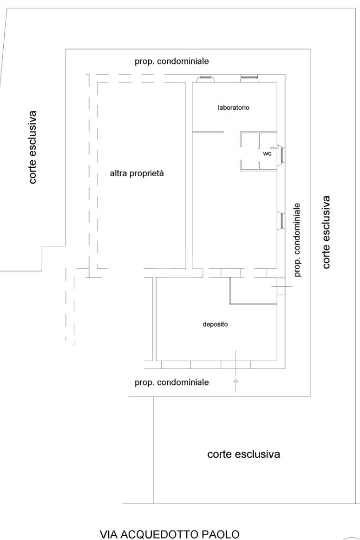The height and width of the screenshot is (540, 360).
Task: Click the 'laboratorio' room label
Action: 233,108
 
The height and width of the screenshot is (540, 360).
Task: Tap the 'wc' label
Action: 267,153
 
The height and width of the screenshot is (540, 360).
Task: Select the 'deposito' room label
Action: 215,324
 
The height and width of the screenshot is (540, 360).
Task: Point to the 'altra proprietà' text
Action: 137,173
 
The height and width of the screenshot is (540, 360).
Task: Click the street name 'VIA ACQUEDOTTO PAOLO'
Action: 169,534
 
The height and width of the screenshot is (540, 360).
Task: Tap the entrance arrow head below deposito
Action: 236,380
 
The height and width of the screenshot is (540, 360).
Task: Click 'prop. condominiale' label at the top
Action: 172,61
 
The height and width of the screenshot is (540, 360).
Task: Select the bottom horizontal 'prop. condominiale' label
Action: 172,382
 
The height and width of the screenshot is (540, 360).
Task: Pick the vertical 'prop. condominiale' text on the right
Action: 297,240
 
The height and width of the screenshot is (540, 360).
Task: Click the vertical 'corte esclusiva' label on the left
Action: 33,147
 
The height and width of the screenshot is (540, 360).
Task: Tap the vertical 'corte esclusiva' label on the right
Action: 326,232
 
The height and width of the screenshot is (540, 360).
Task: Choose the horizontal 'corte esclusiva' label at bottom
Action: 244,454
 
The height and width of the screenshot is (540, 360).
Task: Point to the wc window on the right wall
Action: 281,154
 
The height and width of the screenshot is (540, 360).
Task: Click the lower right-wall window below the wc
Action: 281,220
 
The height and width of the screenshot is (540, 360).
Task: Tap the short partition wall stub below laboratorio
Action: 208,132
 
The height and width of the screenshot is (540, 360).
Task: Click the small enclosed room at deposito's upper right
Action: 254,291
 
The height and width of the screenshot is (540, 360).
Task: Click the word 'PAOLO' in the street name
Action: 220,534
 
